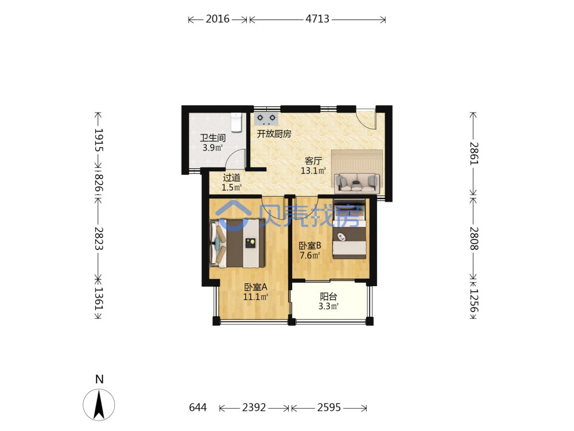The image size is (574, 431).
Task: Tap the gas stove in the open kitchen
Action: pyautogui.click(x=266, y=119)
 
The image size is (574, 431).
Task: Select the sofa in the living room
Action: pyautogui.click(x=356, y=183)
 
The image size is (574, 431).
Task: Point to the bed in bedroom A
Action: pyautogui.click(x=237, y=243)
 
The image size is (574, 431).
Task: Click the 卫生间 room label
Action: pyautogui.click(x=213, y=138)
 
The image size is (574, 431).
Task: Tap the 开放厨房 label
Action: pyautogui.click(x=274, y=134)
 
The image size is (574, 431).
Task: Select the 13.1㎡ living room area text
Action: pyautogui.click(x=313, y=171)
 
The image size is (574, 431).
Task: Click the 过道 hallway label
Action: pyautogui.click(x=232, y=178)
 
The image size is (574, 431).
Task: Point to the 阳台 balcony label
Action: pyautogui.click(x=328, y=297)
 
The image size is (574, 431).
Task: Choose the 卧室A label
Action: pyautogui.click(x=256, y=287)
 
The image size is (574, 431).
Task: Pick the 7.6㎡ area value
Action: pyautogui.click(x=310, y=255)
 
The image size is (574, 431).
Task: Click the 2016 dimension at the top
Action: pyautogui.click(x=218, y=19)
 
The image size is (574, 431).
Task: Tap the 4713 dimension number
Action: pyautogui.click(x=317, y=19)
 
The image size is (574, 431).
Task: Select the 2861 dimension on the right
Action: pyautogui.click(x=474, y=153)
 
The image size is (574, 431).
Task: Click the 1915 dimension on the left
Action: pyautogui.click(x=99, y=140)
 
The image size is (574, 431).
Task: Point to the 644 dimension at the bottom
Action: pyautogui.click(x=197, y=407)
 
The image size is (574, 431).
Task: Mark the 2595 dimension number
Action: pyautogui.click(x=329, y=407)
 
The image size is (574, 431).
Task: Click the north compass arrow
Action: pyautogui.click(x=99, y=405)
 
